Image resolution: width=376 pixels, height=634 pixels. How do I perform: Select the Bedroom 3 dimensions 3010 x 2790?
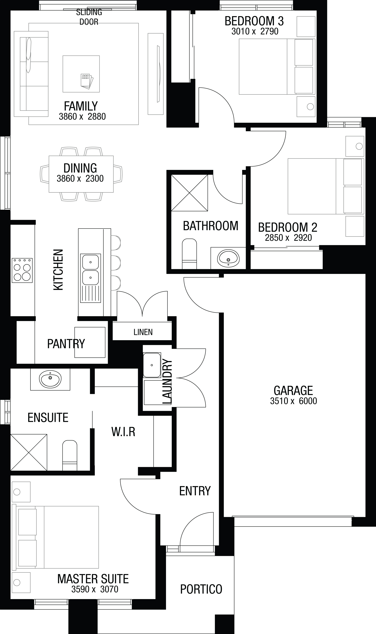coord(255,31)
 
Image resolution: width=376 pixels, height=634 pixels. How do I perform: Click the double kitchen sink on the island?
coord(90,278)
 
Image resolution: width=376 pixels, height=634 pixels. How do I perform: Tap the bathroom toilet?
coord(190,254)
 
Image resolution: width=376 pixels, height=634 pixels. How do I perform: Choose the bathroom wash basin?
coord(228,258)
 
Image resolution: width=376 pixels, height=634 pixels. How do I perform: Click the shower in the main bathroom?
coord(190,193)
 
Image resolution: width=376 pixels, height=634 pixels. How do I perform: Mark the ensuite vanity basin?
coord(50,379)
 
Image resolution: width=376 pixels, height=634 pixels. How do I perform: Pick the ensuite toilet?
coord(70,455)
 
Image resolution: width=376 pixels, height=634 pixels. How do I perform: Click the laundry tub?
coord(152,365)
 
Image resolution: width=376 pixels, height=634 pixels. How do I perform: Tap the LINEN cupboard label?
coord(143,332)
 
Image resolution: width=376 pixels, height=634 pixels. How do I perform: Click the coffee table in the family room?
coord(81,74)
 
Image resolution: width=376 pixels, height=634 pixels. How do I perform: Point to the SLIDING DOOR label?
coord(89,17)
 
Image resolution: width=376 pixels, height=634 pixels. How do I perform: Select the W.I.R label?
coord(123,432)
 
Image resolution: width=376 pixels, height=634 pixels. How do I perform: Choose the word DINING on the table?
coord(80,168)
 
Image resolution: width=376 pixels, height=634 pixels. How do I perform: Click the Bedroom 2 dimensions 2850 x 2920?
coord(288,238)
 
